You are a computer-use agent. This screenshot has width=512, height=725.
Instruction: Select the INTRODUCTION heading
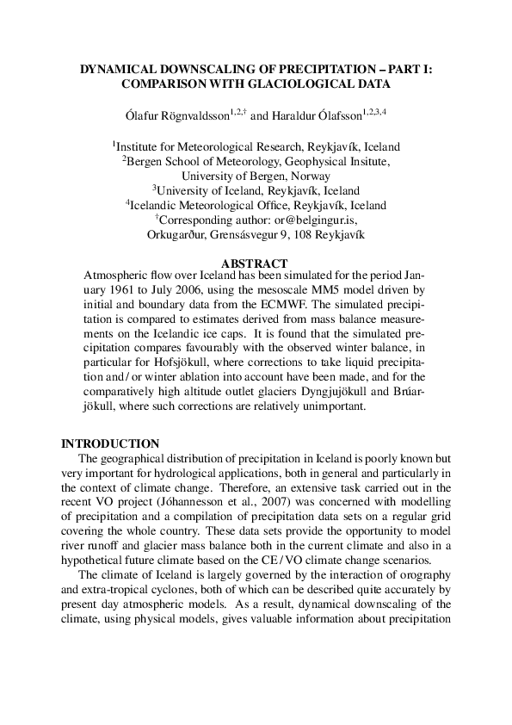(110, 443)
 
